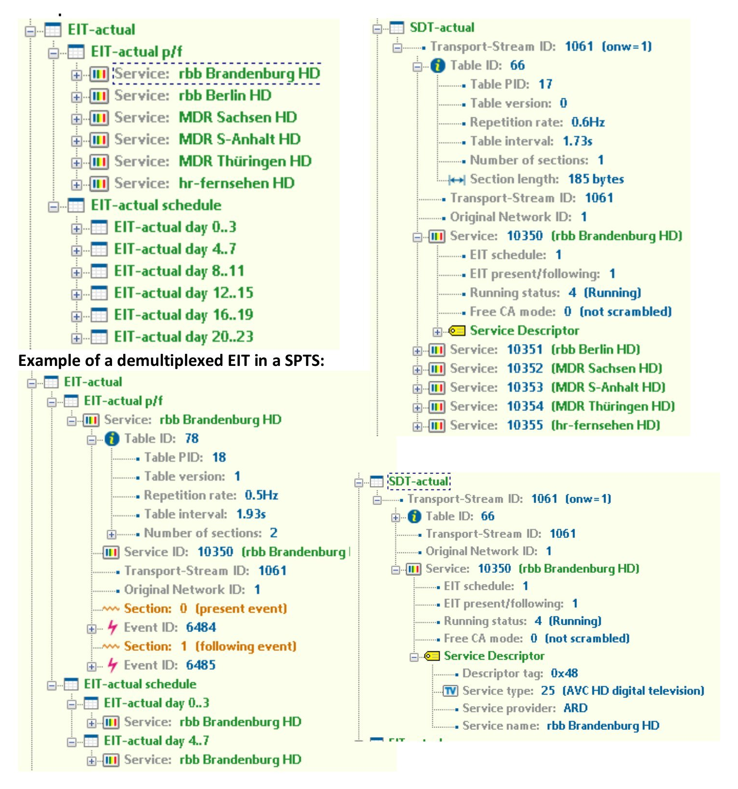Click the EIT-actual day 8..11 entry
point(179,271)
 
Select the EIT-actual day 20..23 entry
point(183,337)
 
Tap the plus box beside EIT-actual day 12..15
point(76,294)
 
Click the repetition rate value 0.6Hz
point(588,122)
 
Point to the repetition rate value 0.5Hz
point(262,495)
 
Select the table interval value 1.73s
point(577,141)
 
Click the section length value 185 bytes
point(596,179)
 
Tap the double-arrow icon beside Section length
point(457,180)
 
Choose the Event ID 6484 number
point(201,628)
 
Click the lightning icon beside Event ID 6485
point(112,665)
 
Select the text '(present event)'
point(241,609)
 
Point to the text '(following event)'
point(246,647)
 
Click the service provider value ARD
point(575,708)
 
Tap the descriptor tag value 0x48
point(564,673)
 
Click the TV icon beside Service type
point(450,691)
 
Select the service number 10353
point(525,388)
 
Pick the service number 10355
point(525,426)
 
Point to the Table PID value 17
point(545,84)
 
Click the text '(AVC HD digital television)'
point(633,691)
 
